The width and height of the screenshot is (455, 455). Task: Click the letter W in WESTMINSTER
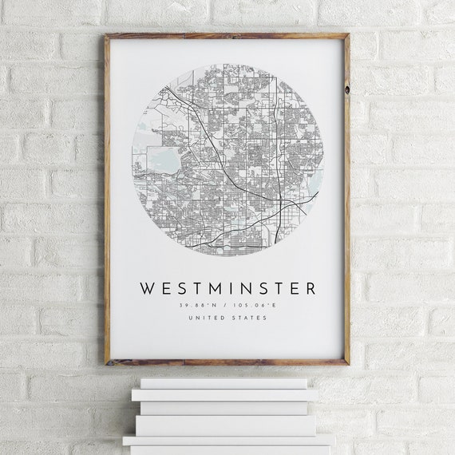(148, 288)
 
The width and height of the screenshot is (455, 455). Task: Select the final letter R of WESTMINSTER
(310, 288)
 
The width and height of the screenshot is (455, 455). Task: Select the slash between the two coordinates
(227, 304)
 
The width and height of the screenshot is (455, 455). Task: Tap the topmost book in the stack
(224, 383)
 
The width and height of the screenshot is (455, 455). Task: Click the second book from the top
(225, 394)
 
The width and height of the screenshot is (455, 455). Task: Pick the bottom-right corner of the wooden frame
(348, 363)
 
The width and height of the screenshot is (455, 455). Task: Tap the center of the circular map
(227, 160)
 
